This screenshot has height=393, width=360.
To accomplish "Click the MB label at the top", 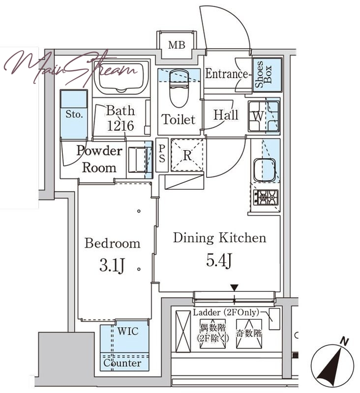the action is (177, 45).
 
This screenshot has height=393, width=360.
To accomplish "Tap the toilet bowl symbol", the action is (179, 89).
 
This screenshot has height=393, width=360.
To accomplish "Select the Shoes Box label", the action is (263, 74).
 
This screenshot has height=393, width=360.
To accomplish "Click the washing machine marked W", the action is (264, 116).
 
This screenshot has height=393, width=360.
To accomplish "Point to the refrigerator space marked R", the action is (187, 155).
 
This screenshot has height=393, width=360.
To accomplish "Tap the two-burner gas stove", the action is (266, 197).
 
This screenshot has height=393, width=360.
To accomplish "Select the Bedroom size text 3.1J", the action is (112, 265).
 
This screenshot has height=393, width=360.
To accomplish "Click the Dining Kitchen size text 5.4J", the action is (219, 260).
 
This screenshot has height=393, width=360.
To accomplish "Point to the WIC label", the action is (128, 331).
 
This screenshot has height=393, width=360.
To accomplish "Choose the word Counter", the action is (122, 363).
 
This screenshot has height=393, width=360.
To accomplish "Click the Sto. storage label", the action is (74, 114).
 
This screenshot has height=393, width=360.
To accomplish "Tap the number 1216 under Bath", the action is (120, 126).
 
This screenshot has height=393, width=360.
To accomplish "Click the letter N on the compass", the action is (345, 341).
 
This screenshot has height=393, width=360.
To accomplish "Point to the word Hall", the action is (226, 115).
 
